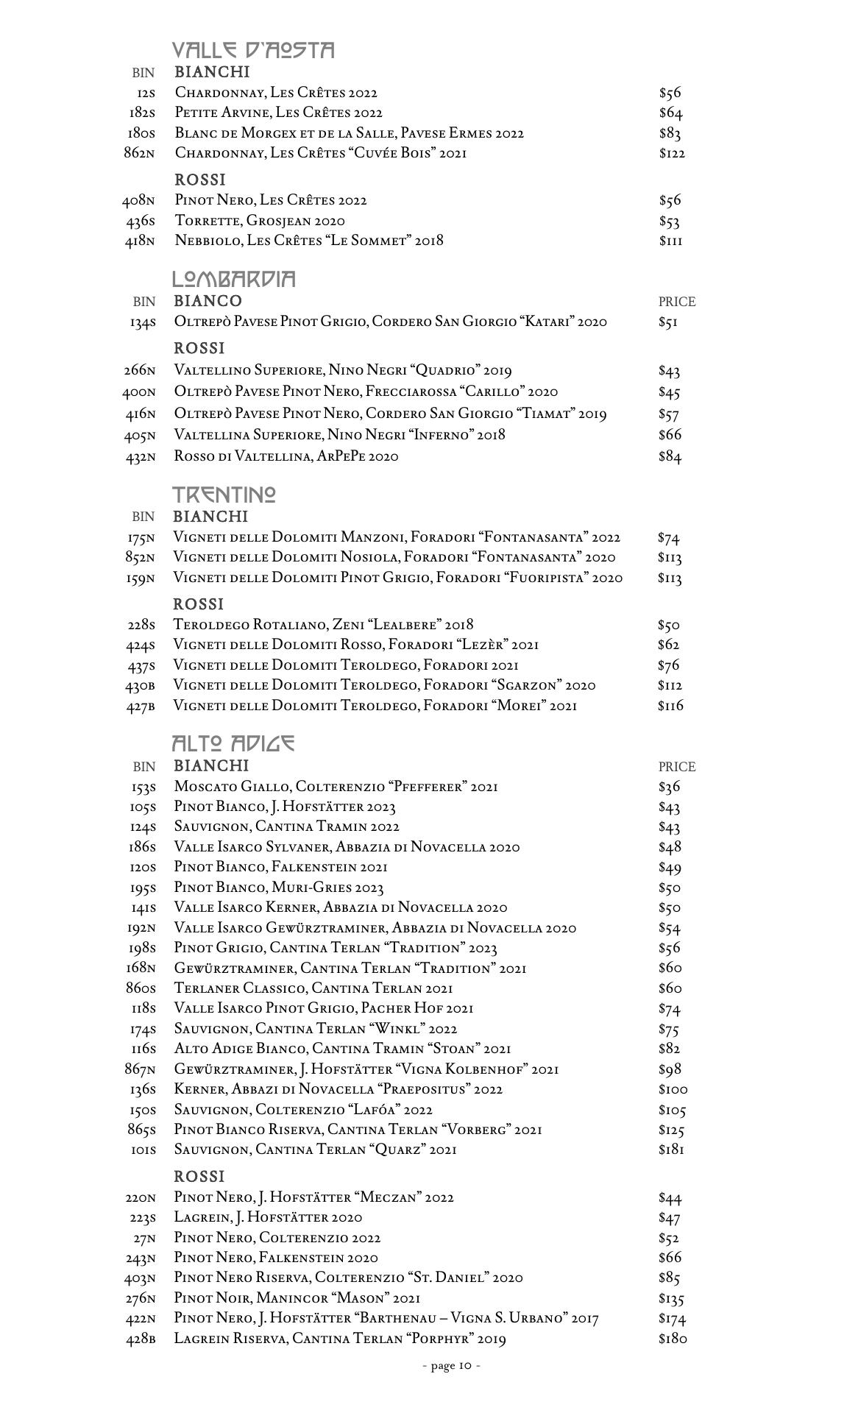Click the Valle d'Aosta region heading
pyautogui.click(x=253, y=50)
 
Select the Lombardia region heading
pyautogui.click(x=234, y=279)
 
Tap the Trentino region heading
pyautogui.click(x=224, y=494)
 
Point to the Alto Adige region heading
pyautogui.click(x=233, y=743)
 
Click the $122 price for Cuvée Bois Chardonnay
pyautogui.click(x=672, y=153)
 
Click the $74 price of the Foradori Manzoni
pyautogui.click(x=668, y=538)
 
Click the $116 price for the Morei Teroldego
pyautogui.click(x=670, y=706)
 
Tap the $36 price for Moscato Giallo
pyautogui.click(x=669, y=787)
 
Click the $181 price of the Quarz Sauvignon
pyautogui.click(x=671, y=1150)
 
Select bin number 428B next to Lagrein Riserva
pyautogui.click(x=140, y=1339)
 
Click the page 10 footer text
pyautogui.click(x=452, y=1366)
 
